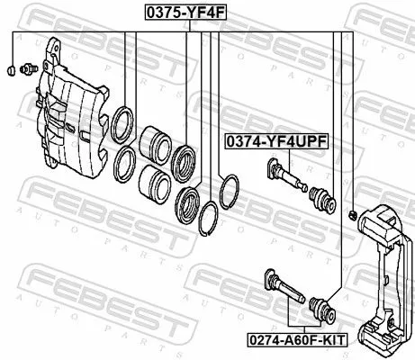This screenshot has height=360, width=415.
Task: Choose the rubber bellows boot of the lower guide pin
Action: coord(321,310)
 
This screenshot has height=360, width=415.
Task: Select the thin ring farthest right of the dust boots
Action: coord(229,190)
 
